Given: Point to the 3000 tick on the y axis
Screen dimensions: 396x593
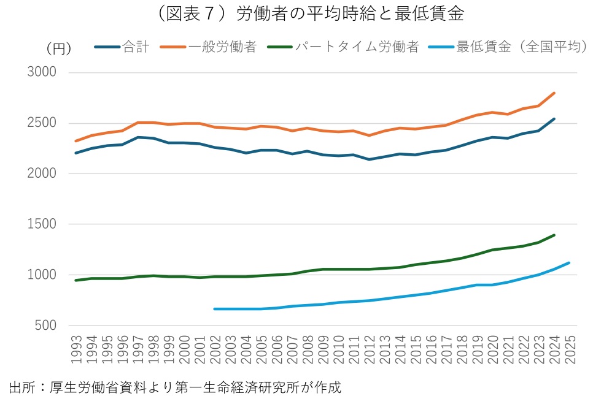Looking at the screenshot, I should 43,72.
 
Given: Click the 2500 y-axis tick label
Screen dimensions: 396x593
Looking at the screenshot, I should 43,123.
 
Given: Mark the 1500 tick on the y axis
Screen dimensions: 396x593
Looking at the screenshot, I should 43,224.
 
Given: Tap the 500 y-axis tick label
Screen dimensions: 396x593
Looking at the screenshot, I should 47,326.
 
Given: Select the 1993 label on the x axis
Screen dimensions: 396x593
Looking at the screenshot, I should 76,351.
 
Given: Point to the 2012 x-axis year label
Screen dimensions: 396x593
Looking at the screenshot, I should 370,351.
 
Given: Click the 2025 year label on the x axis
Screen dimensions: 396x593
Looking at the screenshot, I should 570,351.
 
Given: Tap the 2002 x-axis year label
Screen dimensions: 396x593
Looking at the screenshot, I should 215,351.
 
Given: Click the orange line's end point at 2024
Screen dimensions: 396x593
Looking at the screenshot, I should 554,93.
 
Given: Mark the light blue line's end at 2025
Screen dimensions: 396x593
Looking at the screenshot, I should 570,263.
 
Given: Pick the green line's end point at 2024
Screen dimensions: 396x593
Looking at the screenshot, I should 554,235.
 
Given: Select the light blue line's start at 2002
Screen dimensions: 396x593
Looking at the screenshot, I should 215,309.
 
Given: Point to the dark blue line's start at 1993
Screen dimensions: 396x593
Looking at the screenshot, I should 76,153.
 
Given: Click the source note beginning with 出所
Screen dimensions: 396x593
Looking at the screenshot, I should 175,387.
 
